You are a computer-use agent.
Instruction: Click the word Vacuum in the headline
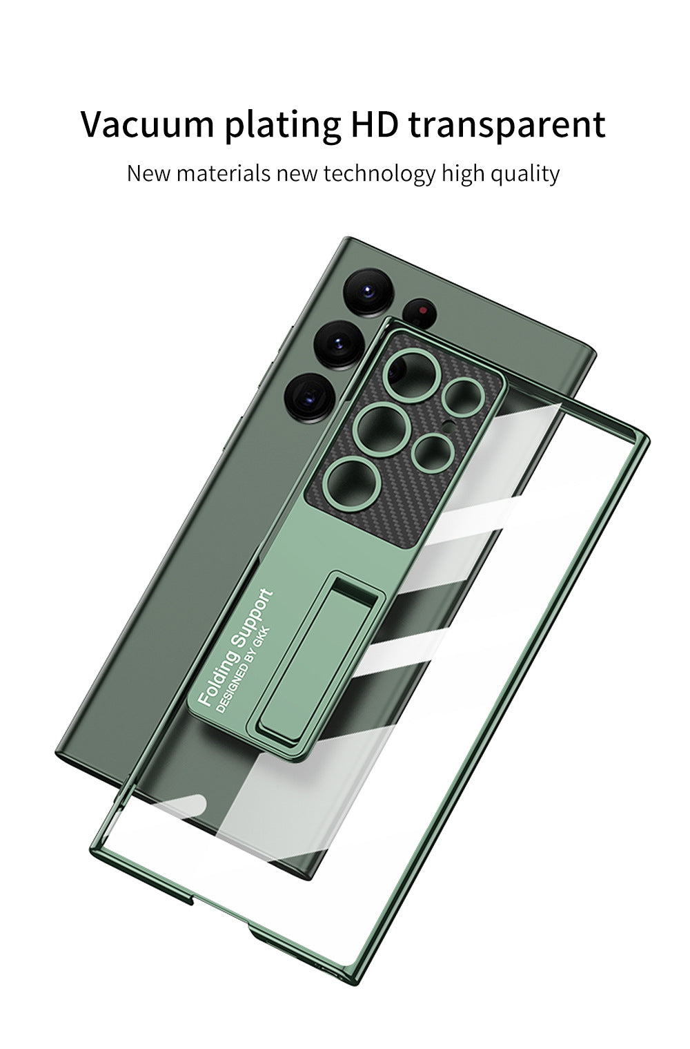[x=148, y=124]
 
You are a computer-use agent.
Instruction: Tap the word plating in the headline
[x=284, y=126]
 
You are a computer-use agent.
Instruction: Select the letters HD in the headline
[x=375, y=124]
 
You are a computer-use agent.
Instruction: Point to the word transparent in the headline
[x=507, y=126]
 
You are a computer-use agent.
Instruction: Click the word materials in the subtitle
[x=224, y=173]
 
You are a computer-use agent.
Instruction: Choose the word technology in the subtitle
[x=379, y=174]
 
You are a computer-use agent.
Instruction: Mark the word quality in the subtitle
[x=525, y=174]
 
